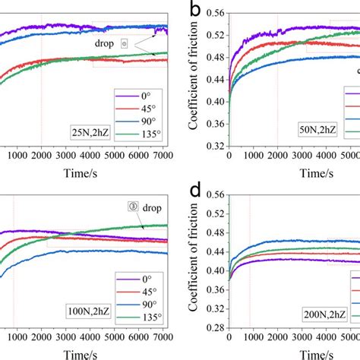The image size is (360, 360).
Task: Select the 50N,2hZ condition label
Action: pyautogui.click(x=323, y=130)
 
